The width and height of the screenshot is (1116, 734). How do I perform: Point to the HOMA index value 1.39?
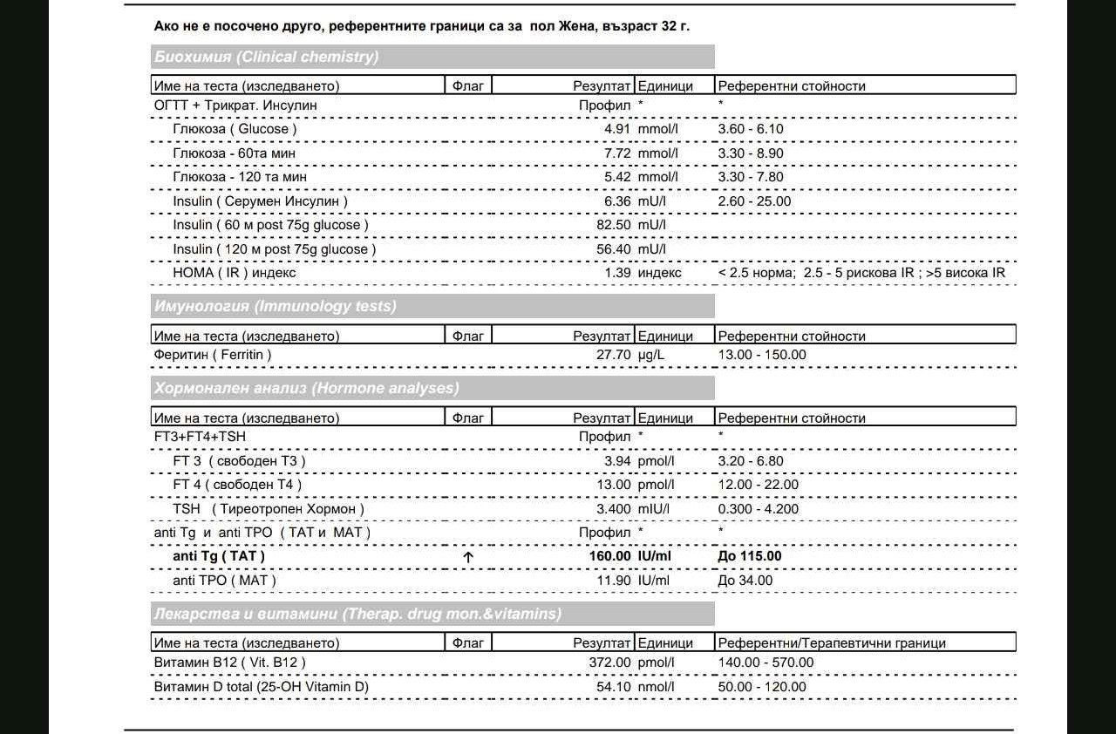[617, 273]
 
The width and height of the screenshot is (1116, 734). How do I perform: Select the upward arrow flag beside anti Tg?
[468, 557]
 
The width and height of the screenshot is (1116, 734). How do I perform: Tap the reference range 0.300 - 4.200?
[758, 508]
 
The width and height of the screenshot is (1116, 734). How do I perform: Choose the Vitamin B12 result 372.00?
[609, 663]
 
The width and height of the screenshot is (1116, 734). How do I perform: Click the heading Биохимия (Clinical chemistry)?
[266, 58]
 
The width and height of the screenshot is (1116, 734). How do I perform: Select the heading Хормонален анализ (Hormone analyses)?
[306, 388]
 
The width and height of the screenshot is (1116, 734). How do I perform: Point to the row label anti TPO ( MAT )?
[224, 581]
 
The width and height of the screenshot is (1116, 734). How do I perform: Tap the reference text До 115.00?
[750, 556]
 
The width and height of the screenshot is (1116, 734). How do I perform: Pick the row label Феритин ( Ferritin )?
[213, 355]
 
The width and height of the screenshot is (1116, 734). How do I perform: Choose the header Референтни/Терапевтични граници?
[832, 643]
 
